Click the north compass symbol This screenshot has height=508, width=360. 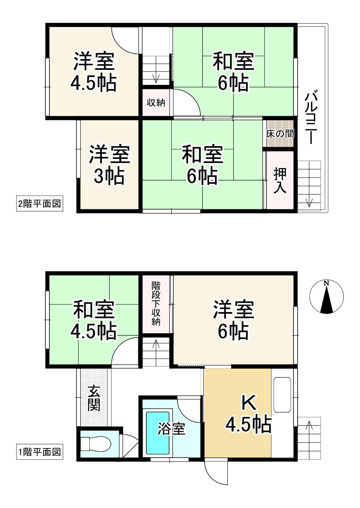(x=327, y=297)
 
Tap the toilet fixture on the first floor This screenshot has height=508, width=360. (x=96, y=444)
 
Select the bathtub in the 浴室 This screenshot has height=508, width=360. (x=158, y=433)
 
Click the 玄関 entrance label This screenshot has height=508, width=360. (x=94, y=399)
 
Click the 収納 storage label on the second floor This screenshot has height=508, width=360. (x=156, y=102)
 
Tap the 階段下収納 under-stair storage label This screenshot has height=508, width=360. (x=156, y=304)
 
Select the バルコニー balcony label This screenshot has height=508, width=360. (x=312, y=118)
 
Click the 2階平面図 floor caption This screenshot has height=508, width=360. (x=39, y=204)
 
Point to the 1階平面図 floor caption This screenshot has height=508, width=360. (x=39, y=451)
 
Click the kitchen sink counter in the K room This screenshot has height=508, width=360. (x=283, y=395)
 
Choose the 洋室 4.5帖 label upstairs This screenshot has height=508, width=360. (x=94, y=72)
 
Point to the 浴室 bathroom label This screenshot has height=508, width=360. (x=171, y=429)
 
